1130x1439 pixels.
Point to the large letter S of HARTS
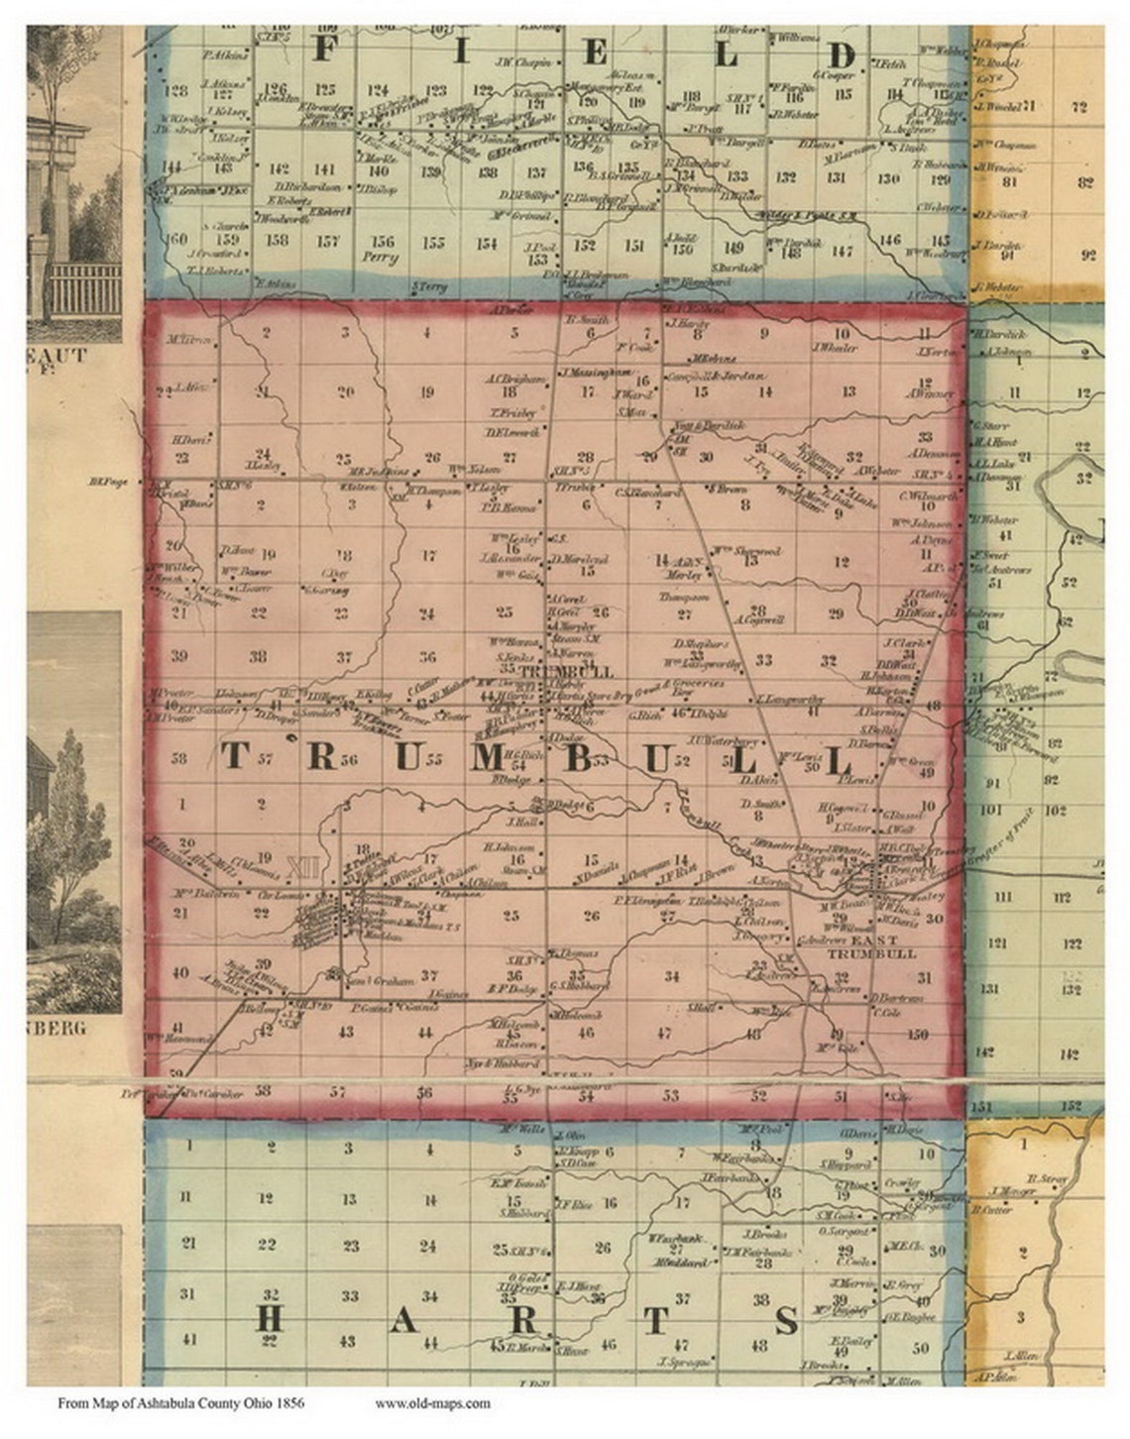point(786,1320)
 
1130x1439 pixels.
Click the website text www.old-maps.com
point(432,1402)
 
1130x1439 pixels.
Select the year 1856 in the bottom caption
point(289,1402)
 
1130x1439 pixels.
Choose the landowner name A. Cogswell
point(758,618)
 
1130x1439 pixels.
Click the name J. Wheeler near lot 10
point(833,347)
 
